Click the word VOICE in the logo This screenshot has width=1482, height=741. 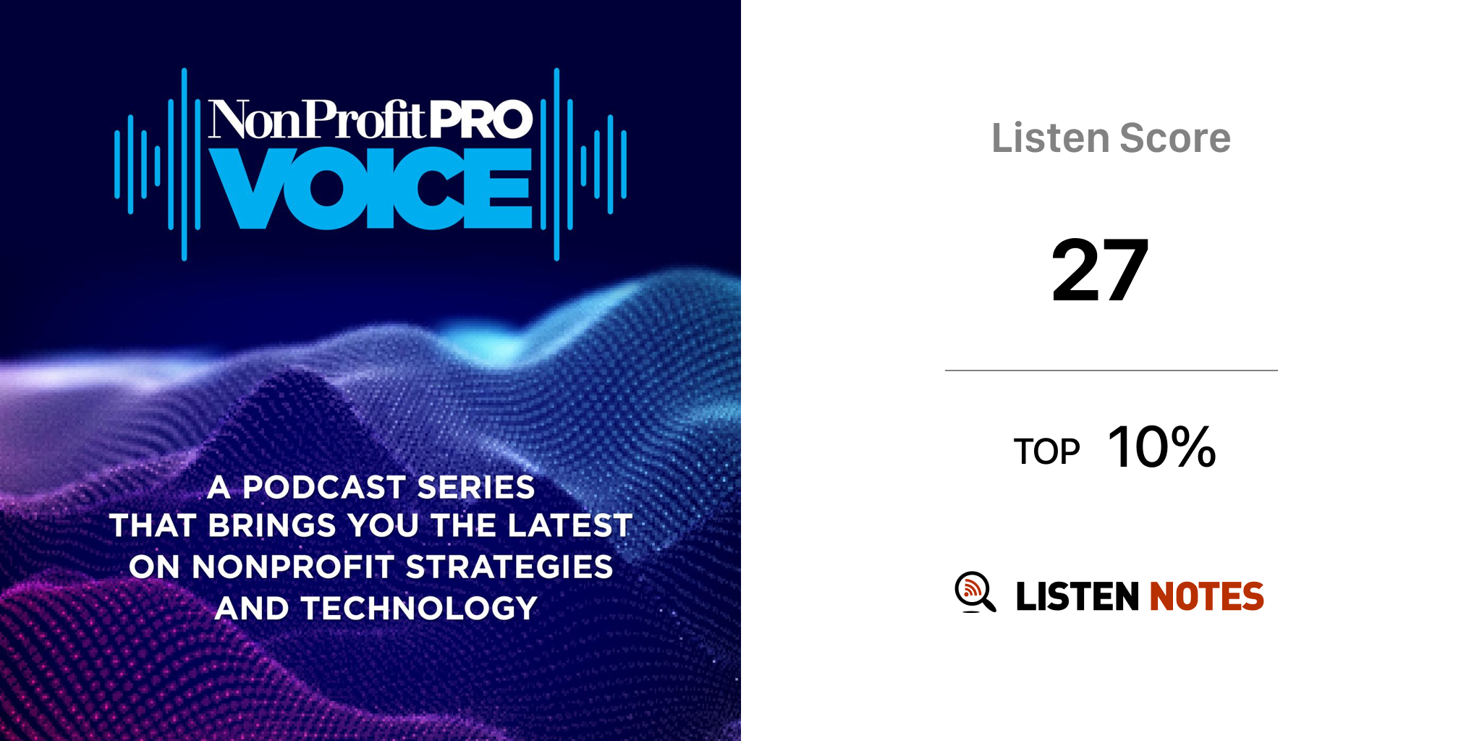click(370, 188)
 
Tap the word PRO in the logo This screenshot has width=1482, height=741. click(481, 119)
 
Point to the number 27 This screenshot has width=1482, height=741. click(1100, 270)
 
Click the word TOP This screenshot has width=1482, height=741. click(1046, 452)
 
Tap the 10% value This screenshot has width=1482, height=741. click(1161, 447)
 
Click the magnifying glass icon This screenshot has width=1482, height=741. click(975, 592)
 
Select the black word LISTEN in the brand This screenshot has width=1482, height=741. click(1077, 596)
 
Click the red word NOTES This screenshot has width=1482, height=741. click(1206, 596)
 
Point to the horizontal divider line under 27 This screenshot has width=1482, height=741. click(1111, 370)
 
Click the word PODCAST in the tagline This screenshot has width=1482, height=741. click(324, 487)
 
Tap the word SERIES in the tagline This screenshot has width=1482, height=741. click(476, 487)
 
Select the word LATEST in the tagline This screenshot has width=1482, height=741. click(570, 525)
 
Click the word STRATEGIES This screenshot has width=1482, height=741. click(509, 567)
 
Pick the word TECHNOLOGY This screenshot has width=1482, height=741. click(420, 608)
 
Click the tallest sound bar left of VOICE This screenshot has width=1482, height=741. click(185, 164)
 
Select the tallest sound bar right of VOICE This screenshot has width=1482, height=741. click(556, 164)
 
